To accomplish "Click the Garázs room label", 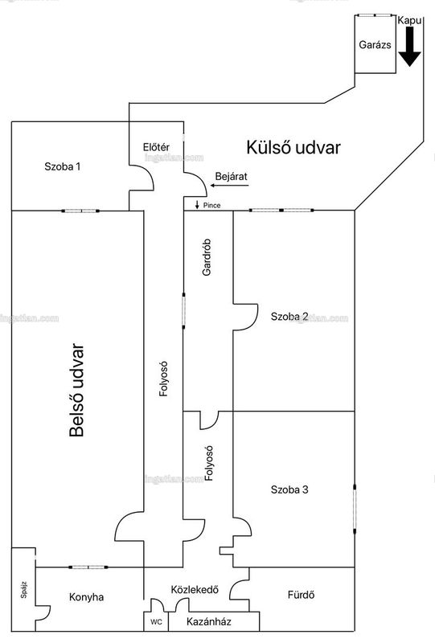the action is (x=375, y=45).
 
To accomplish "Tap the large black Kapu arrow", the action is (x=409, y=47).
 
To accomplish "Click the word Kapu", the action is (x=409, y=21).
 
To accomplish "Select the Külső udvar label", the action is (x=293, y=148).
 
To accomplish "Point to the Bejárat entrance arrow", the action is (x=230, y=186).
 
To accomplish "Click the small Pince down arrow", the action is (x=197, y=205).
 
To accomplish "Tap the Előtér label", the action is (x=156, y=147).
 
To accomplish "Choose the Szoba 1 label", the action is (x=63, y=166).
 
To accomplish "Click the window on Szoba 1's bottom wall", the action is (x=80, y=211).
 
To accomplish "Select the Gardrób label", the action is (x=207, y=257).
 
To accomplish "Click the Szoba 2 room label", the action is (x=289, y=317).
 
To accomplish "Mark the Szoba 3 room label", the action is (x=289, y=489).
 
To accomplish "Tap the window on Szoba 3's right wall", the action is (x=355, y=509).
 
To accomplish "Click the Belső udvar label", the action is (x=76, y=390).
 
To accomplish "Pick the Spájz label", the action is (x=24, y=590).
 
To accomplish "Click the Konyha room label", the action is (x=86, y=597).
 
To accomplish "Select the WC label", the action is (x=156, y=622).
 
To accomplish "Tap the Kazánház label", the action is (x=208, y=621).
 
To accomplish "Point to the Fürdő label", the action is (x=301, y=595).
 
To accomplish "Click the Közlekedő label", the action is (x=195, y=590).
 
